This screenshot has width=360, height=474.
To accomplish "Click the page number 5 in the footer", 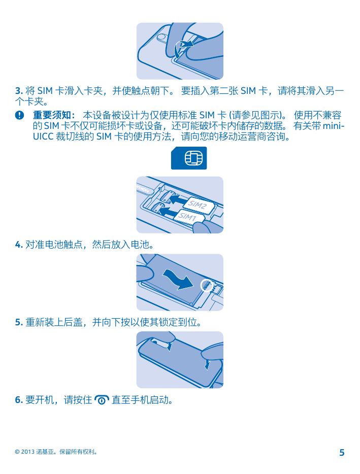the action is pos(342,452).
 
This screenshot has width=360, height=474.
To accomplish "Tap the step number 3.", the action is pos(19,91).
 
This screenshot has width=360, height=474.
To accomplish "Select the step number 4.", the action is pos(19,244).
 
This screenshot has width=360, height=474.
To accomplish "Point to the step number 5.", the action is pos(19,322).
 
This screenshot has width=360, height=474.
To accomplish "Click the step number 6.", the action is pos(19,400).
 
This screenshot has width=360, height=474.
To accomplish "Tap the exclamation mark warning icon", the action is pos(19,115).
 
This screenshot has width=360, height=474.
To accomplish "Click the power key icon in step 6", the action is pos(102,400).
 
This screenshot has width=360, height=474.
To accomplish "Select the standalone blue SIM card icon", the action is pos(189,158).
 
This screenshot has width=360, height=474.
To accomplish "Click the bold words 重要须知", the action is pos(52,115).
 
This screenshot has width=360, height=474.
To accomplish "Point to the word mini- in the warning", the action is pos(334,126).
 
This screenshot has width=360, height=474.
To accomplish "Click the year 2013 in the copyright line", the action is pos(28,452).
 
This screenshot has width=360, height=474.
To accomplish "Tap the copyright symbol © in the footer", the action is pos(17,452).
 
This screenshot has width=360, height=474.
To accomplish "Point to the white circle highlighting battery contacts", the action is pos(207,285).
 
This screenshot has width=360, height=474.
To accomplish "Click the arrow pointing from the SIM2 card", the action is pos(176,199).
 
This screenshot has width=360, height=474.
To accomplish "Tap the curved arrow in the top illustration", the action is pos(183,47).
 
